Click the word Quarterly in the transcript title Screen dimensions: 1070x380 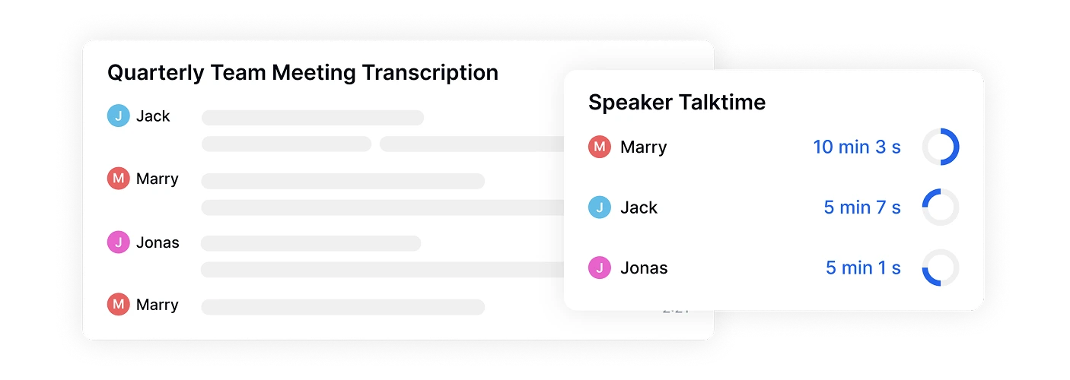156,74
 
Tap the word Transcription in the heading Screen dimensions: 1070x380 430,74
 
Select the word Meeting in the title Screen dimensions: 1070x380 314,74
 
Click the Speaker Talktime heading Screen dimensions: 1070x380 677,102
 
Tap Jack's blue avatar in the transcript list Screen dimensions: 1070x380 119,116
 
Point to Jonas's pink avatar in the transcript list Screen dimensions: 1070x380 119,242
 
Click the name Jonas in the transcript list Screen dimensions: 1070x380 158,242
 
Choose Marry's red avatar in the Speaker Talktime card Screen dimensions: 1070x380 600,147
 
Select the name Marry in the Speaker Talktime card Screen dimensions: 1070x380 643,147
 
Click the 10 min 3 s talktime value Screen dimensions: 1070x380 857,147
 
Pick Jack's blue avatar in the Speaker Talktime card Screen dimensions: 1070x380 600,207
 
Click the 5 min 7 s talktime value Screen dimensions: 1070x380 862,207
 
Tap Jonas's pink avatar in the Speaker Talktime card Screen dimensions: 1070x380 600,268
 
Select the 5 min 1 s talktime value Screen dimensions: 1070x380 863,268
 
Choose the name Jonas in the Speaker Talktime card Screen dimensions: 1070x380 644,268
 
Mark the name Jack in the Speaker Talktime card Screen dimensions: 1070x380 638,207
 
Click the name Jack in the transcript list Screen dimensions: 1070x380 153,116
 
